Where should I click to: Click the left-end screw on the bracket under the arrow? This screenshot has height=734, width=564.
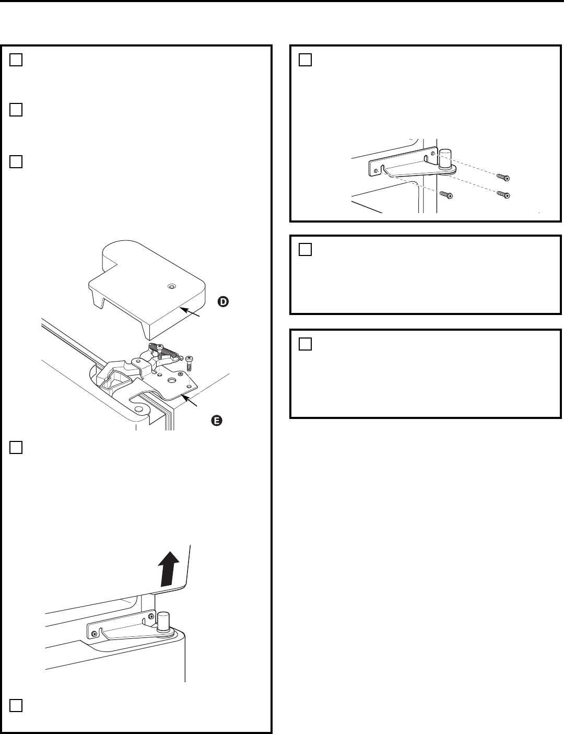(x=94, y=634)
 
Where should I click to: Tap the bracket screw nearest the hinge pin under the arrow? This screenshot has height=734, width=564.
(x=151, y=620)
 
